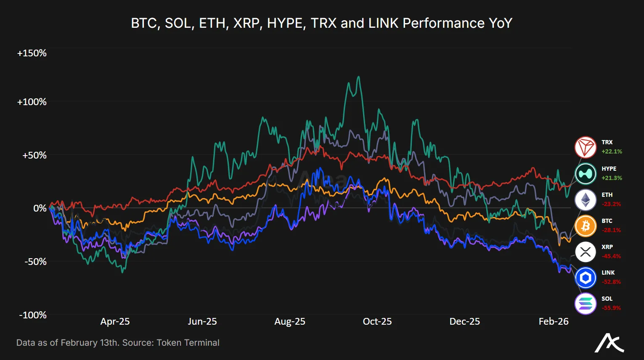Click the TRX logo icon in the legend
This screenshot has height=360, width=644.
(x=586, y=147)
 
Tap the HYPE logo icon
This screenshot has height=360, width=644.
(x=586, y=173)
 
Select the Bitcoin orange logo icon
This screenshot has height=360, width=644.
(x=586, y=226)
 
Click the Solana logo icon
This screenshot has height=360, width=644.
(x=586, y=303)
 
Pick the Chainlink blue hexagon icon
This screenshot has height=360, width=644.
(x=586, y=278)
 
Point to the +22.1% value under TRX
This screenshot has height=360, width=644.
(x=612, y=151)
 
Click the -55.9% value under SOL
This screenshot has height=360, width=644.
(x=611, y=308)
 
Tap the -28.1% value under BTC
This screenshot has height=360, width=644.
(x=611, y=230)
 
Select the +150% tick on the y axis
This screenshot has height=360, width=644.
(x=32, y=53)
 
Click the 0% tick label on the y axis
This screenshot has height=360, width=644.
(x=40, y=208)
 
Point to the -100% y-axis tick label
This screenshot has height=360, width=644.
(x=32, y=315)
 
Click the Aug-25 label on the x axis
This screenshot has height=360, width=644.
(x=290, y=322)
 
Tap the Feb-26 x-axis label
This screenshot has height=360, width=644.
(x=553, y=322)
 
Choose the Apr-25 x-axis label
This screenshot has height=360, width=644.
(x=115, y=322)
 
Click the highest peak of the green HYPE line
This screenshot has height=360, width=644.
(x=358, y=77)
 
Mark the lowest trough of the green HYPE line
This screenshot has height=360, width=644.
(x=122, y=272)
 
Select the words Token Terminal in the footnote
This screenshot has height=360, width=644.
(x=188, y=343)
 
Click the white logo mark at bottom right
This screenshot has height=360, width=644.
(x=609, y=343)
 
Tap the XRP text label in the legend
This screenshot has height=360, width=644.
(x=607, y=247)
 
